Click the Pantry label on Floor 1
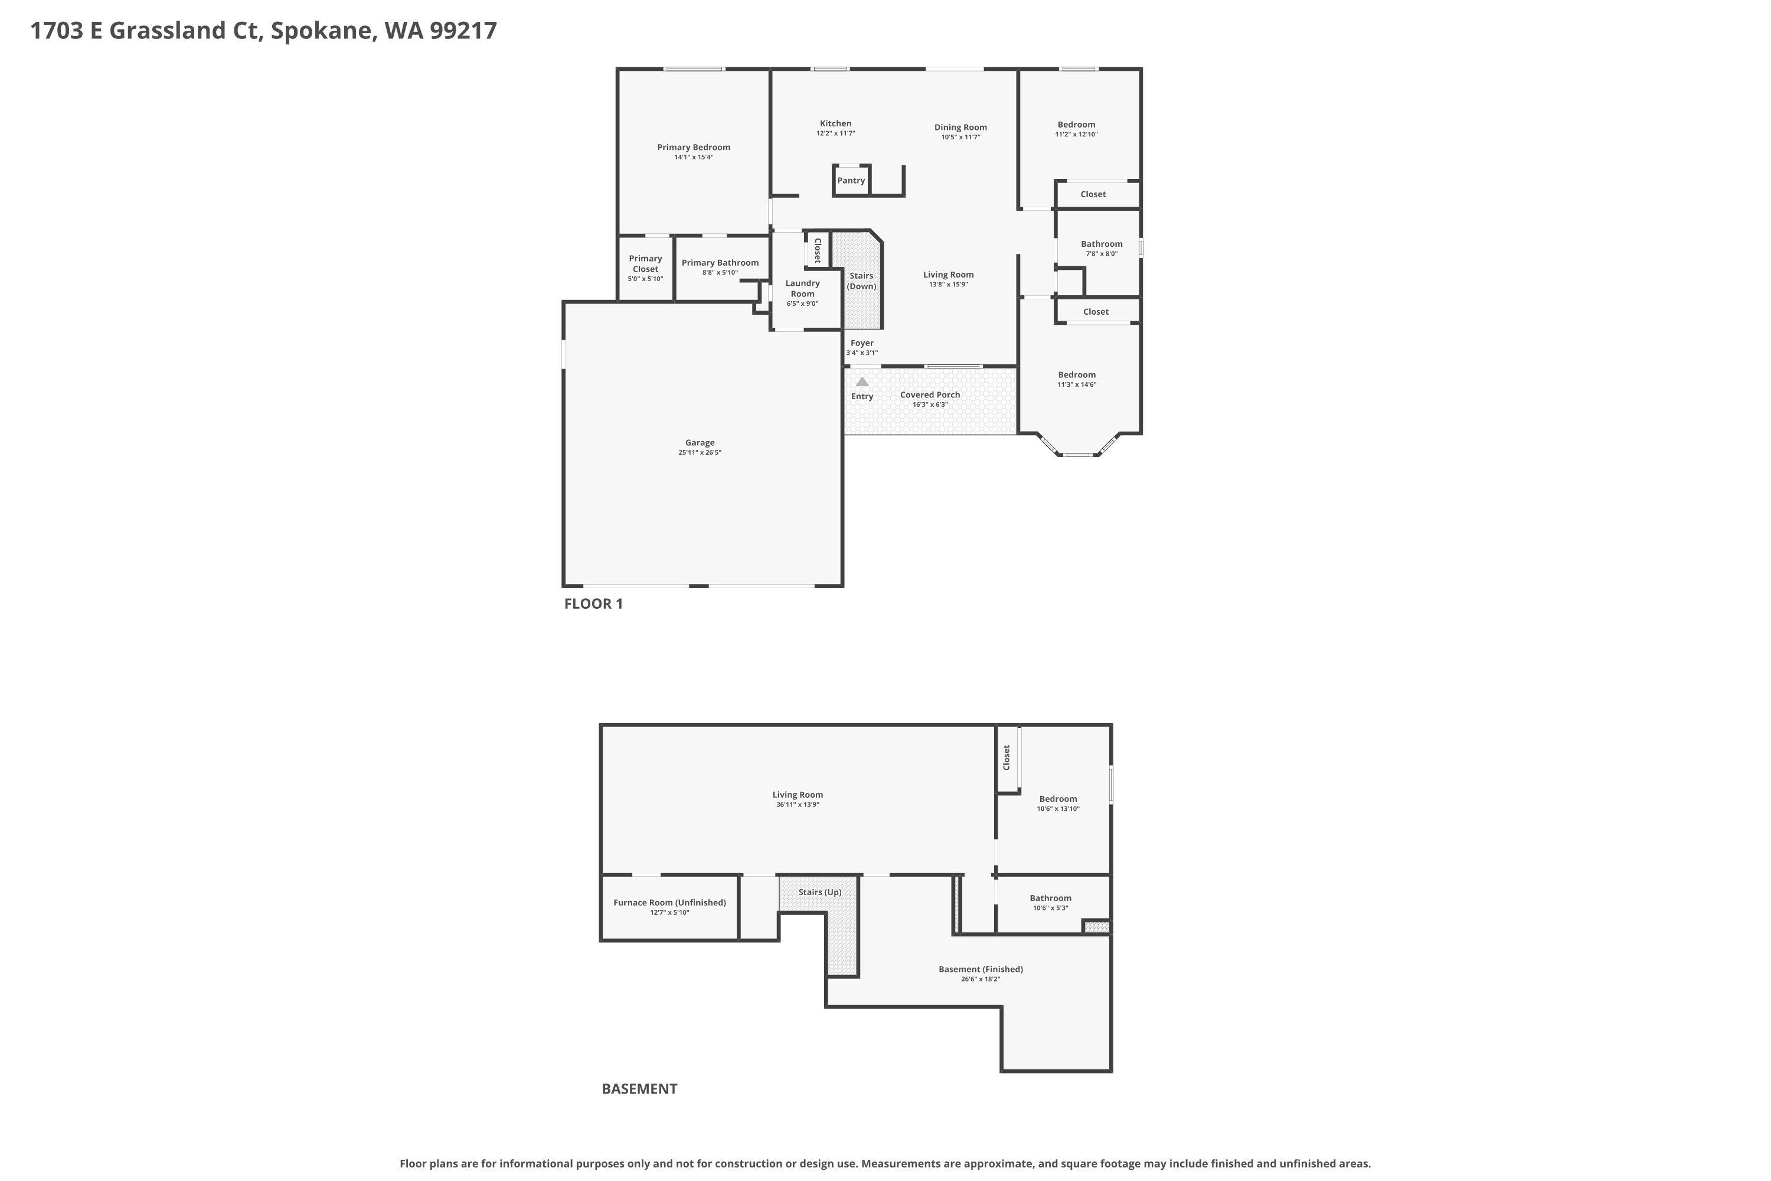click(x=851, y=181)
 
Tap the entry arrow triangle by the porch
click(x=862, y=382)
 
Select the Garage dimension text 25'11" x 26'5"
click(x=700, y=453)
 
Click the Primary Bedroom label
click(x=694, y=148)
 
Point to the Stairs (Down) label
click(x=861, y=281)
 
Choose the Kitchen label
click(x=836, y=123)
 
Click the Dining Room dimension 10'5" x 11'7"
click(x=960, y=137)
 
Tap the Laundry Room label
click(x=803, y=289)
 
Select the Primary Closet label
click(x=645, y=263)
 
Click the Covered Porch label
click(x=930, y=394)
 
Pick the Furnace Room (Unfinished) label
click(x=669, y=902)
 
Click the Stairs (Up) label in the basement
click(x=820, y=892)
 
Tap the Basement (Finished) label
click(x=981, y=970)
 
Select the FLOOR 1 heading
click(x=593, y=603)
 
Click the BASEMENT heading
click(x=639, y=1088)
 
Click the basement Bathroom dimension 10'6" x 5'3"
click(x=1050, y=908)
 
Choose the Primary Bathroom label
click(x=720, y=263)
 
